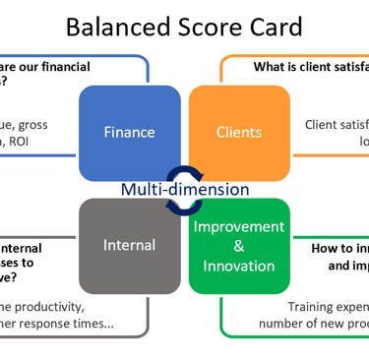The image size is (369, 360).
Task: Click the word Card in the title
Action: tap(273, 26)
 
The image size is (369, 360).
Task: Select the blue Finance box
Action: tap(130, 132)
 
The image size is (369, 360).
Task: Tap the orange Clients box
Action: tap(239, 132)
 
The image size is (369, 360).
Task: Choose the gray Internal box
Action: tap(130, 244)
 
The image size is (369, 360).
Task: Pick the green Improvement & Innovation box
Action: tap(239, 246)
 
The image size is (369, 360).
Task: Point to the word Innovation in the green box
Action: tap(239, 267)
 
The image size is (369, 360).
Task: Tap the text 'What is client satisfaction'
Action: tap(311, 67)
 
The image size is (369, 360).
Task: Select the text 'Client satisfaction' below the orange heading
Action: tap(336, 124)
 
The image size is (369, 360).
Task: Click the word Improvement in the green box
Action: tap(239, 226)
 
